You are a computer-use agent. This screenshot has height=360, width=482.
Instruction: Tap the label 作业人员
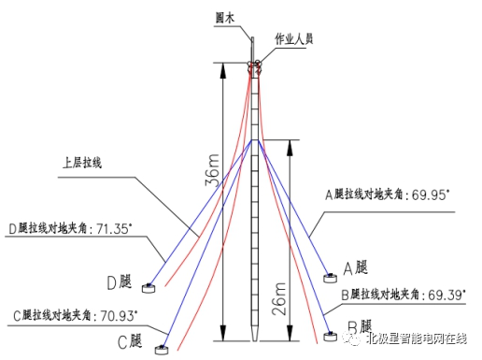[x=292, y=38]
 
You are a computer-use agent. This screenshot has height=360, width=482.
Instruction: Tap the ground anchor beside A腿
[x=330, y=276]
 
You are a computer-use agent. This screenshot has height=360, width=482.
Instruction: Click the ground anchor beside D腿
[x=148, y=283]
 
